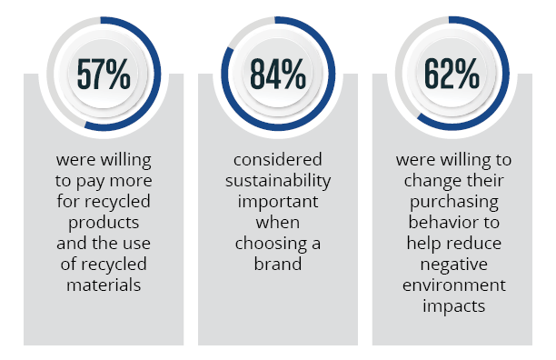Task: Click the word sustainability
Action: (x=278, y=180)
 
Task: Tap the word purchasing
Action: (x=452, y=199)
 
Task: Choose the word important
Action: (x=278, y=199)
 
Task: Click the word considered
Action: (x=278, y=161)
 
